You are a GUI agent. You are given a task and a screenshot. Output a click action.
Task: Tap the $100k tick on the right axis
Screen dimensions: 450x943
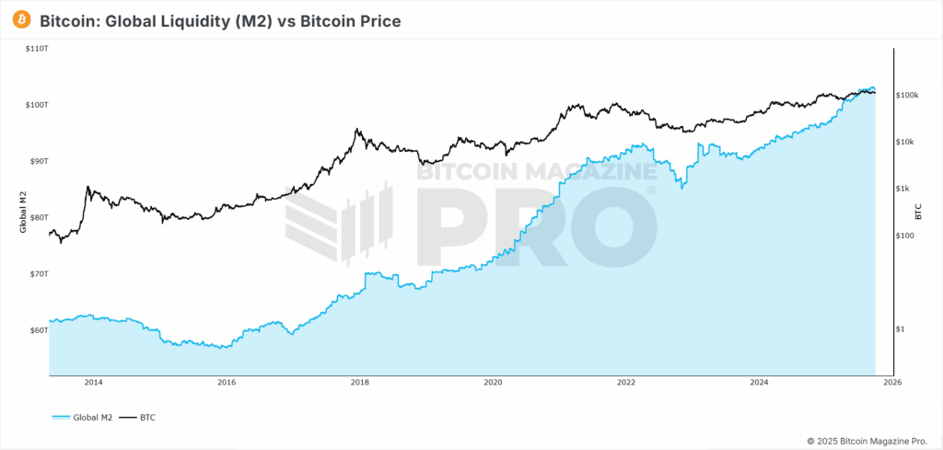tap(910, 95)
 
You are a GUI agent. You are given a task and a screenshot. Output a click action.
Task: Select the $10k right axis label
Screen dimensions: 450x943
tap(908, 142)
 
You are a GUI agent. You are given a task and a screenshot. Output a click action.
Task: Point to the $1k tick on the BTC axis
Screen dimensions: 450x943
tap(906, 189)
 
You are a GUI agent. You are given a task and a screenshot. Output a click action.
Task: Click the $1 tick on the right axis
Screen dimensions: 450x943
tap(902, 329)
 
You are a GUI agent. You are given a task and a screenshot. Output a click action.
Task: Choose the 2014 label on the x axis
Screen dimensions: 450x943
tap(93, 382)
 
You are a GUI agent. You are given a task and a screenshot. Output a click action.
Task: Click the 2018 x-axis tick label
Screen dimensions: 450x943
tap(360, 382)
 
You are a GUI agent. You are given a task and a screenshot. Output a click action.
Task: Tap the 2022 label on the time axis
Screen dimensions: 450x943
tap(626, 382)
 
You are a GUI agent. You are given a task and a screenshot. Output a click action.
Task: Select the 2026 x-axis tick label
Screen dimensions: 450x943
tap(892, 382)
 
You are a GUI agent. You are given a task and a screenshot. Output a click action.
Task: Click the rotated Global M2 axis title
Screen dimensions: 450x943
tap(22, 211)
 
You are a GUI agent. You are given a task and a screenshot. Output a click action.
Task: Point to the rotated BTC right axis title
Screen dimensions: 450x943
tap(918, 211)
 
